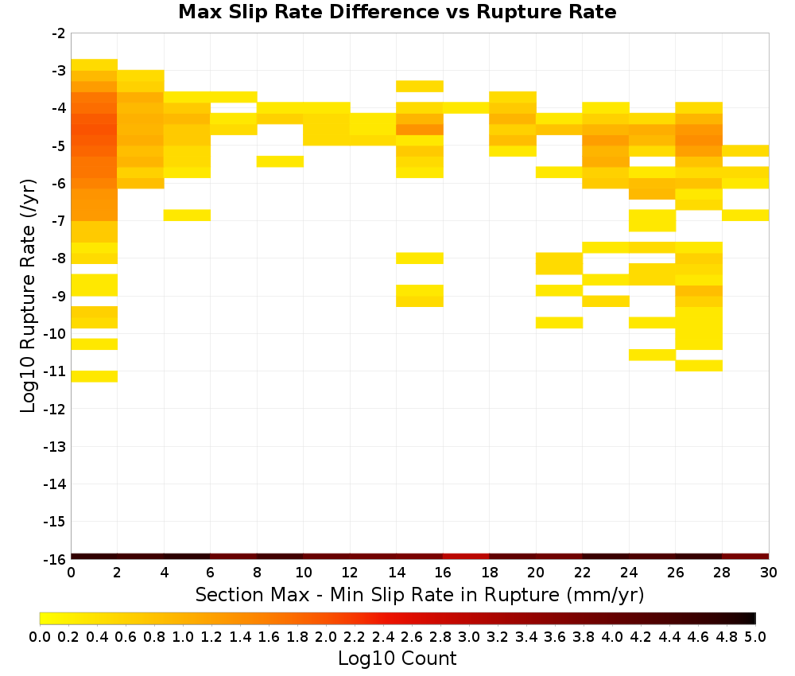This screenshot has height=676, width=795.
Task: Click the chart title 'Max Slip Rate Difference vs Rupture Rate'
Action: [397, 12]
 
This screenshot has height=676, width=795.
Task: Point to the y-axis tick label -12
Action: [55, 410]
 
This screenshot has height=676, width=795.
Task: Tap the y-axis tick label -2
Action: [58, 33]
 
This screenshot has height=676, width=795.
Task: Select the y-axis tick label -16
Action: [55, 559]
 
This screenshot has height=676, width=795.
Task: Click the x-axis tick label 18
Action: [489, 573]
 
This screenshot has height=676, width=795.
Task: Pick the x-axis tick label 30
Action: [769, 573]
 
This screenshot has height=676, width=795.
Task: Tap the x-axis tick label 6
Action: [211, 573]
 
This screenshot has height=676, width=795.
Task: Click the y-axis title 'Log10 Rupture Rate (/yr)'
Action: [28, 296]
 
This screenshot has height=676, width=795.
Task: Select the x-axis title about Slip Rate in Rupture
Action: [420, 594]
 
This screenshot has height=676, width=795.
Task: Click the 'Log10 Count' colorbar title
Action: [397, 659]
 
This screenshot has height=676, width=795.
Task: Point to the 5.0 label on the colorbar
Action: [755, 636]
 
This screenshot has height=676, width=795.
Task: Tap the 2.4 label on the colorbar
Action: [383, 636]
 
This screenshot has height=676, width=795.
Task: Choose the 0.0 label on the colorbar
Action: [40, 636]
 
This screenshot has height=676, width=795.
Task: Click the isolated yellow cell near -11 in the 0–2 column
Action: [95, 376]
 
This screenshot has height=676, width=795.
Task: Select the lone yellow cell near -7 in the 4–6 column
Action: [187, 215]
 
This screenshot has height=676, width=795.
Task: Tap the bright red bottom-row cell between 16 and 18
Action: [466, 557]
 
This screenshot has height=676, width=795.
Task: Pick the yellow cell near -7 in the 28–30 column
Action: [746, 215]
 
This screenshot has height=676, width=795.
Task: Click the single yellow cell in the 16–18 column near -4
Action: [466, 107]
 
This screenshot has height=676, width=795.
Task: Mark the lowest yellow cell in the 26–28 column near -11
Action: [699, 366]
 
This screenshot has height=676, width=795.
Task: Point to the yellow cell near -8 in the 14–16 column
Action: [420, 258]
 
